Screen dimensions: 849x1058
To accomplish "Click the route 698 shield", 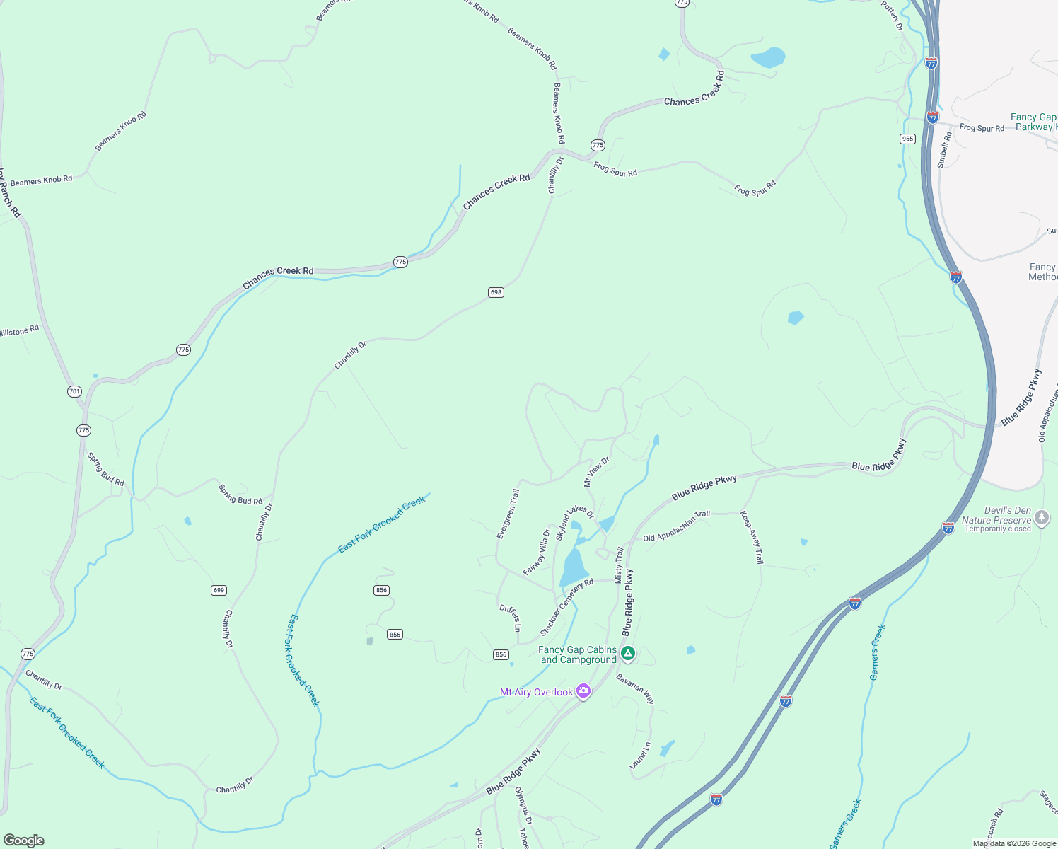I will (x=496, y=292).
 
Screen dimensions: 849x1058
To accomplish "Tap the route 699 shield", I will (x=219, y=590).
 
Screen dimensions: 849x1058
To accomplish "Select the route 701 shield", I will (x=74, y=391).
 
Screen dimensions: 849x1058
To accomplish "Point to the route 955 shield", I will (x=908, y=139).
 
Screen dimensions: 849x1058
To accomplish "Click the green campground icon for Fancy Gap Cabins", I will (x=628, y=654).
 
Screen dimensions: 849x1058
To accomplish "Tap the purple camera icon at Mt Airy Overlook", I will (x=583, y=691).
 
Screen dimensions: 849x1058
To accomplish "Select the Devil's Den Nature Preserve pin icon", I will (x=1042, y=519).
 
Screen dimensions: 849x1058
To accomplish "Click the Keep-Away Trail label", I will (x=752, y=538).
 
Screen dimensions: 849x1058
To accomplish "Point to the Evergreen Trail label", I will (x=508, y=514).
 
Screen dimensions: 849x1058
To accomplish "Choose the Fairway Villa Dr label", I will (x=537, y=552).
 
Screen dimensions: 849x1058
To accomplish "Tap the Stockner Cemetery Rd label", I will (x=566, y=608).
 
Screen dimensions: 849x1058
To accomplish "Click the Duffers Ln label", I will (x=510, y=618).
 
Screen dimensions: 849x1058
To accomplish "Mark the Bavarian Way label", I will (x=635, y=688).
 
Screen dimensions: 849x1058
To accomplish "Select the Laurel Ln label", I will (x=640, y=756).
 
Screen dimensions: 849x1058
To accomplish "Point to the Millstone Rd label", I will (x=19, y=330).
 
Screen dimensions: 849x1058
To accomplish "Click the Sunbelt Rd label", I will (x=945, y=150).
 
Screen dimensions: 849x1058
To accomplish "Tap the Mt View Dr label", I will (x=596, y=472).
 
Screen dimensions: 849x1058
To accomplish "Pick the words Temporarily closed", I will (x=997, y=529).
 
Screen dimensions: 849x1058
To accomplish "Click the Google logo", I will (x=23, y=840).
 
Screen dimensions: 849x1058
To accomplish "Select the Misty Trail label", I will (x=620, y=565).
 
